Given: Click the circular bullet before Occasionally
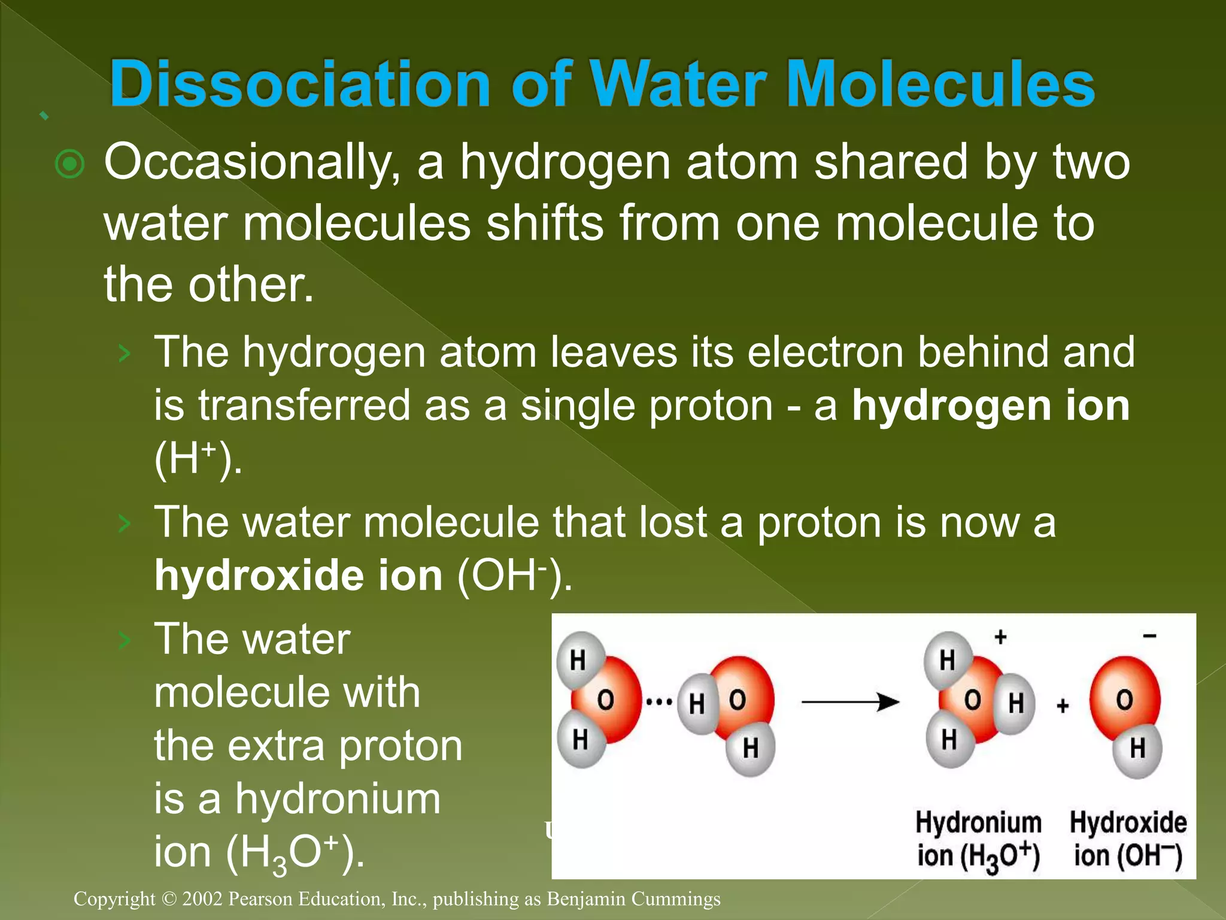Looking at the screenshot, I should [69, 164].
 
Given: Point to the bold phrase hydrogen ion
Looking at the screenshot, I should [991, 405].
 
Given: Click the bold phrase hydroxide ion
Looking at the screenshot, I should [298, 576].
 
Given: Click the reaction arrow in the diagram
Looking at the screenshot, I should [849, 702].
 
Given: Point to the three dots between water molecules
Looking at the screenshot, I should [659, 701].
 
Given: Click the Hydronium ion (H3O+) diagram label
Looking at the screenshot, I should [978, 839].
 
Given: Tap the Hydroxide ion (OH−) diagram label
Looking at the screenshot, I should [1128, 839].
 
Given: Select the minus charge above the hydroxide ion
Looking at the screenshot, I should [1149, 636].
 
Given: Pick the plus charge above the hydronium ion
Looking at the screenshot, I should [1000, 637].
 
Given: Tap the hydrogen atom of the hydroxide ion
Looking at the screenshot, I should [1137, 748].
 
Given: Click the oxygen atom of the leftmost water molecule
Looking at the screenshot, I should [605, 699].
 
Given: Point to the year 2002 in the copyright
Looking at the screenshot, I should [202, 898].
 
